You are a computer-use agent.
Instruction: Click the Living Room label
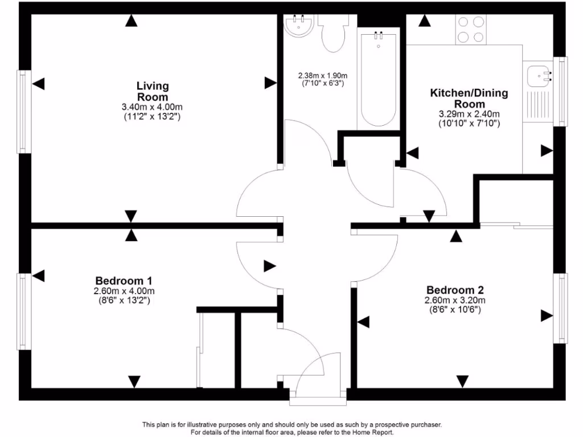tap(153, 91)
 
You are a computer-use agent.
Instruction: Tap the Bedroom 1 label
tap(124, 281)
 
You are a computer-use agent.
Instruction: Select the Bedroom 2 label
tap(454, 290)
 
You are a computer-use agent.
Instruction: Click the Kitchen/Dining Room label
tap(469, 98)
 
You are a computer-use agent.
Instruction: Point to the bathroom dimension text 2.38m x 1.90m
tap(323, 76)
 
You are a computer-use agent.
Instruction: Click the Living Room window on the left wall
tap(23, 112)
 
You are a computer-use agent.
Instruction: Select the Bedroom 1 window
tap(23, 311)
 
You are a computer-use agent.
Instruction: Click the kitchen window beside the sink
tap(562, 91)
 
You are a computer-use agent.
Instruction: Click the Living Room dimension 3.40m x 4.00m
tap(153, 107)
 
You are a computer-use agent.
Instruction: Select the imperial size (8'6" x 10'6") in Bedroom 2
tap(454, 310)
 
